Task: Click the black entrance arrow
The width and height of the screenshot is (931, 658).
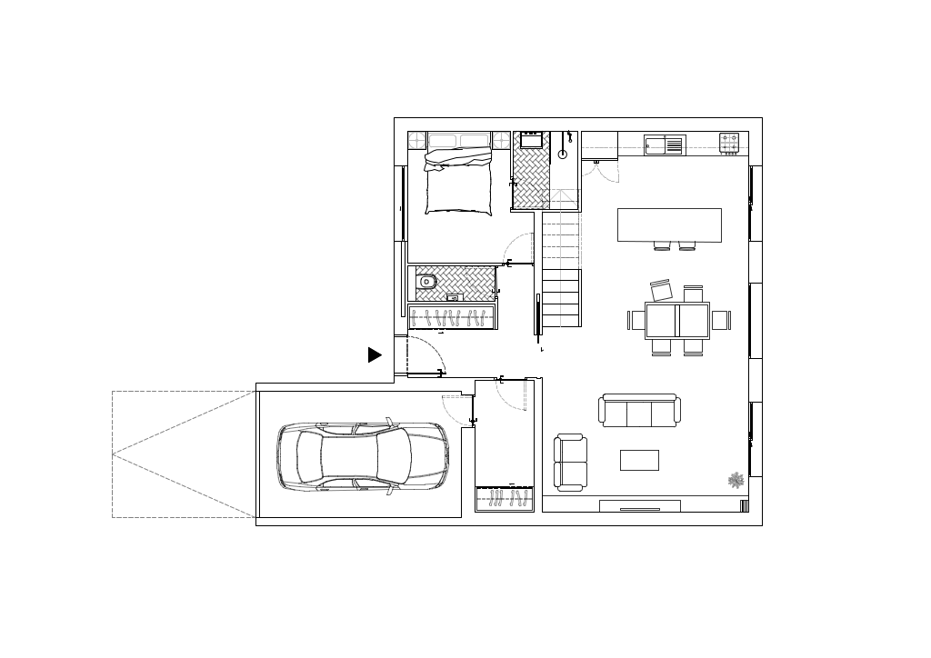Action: click(374, 355)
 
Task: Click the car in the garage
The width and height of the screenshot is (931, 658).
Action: click(363, 457)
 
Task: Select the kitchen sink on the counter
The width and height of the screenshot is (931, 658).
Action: click(663, 145)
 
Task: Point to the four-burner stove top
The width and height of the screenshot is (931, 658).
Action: click(729, 143)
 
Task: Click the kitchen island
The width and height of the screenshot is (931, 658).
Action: click(669, 224)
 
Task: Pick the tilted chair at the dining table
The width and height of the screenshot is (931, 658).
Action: click(661, 291)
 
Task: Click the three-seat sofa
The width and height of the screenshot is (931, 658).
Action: click(639, 411)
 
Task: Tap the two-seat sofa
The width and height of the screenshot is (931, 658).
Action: click(571, 462)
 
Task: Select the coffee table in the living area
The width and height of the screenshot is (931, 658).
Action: click(639, 461)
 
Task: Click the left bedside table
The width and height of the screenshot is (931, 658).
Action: click(416, 140)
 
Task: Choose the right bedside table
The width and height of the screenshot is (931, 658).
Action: click(501, 140)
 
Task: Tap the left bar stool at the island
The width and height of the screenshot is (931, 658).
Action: click(662, 245)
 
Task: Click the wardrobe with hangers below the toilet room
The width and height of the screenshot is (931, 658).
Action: click(452, 317)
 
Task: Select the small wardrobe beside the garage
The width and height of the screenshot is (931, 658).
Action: click(504, 500)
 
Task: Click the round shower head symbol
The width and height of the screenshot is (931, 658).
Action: click(562, 155)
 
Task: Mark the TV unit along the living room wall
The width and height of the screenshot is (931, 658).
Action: click(639, 506)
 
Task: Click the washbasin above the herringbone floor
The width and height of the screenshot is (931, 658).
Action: click(530, 140)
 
